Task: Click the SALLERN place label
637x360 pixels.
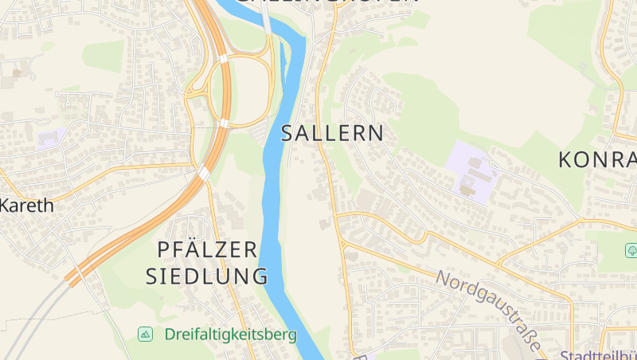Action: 332,134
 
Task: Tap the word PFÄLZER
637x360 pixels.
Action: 208,249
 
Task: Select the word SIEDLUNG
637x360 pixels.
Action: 206,276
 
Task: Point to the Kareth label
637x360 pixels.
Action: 26,205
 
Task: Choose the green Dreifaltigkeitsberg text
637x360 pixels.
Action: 231,335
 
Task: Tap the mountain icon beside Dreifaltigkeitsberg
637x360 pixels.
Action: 145,335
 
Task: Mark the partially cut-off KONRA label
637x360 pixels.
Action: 597,159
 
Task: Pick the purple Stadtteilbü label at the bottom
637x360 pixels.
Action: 599,355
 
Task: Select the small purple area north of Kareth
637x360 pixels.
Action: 50,138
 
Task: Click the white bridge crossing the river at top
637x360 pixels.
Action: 267,20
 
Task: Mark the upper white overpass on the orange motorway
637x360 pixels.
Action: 224,58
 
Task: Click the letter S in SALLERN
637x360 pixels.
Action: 288,134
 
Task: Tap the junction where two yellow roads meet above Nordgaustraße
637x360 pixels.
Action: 338,214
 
